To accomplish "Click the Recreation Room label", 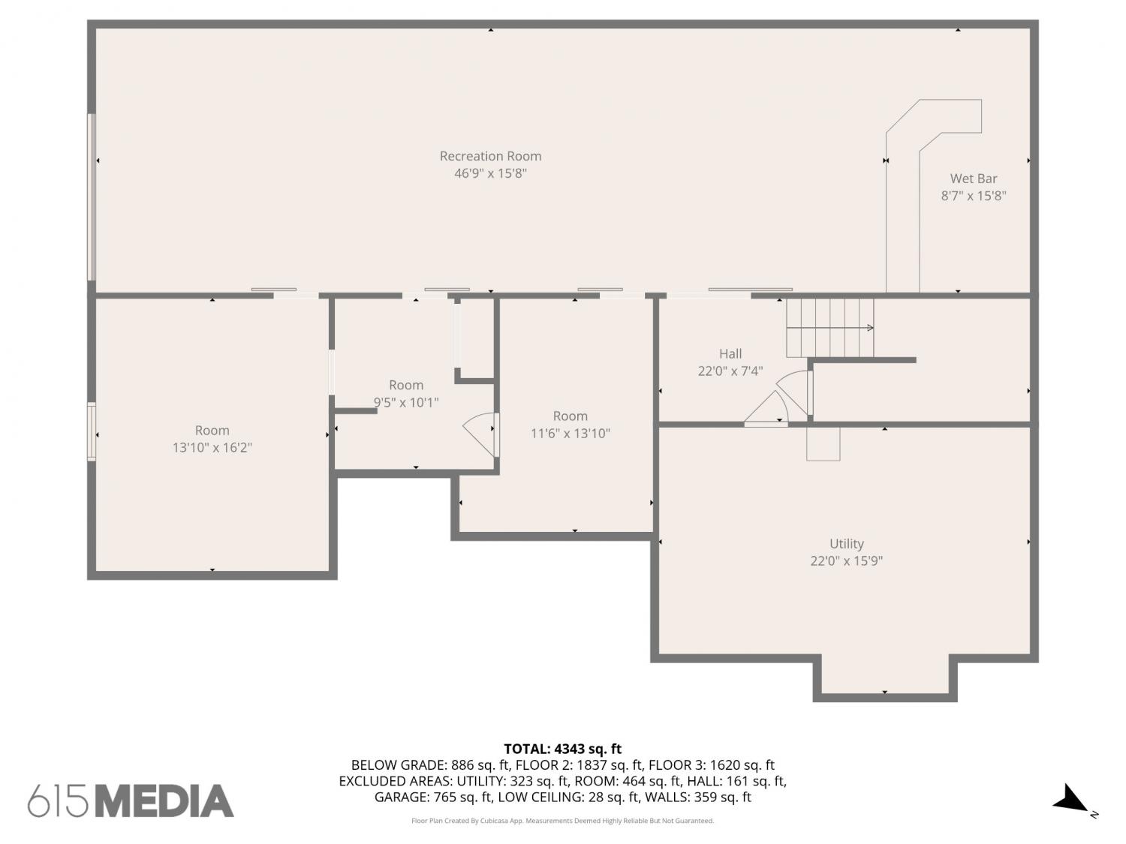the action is [490, 156].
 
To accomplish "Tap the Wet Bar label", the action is [973, 179].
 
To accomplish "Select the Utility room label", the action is [847, 543].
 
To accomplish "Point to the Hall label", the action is [730, 353].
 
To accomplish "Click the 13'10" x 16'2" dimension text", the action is [212, 447].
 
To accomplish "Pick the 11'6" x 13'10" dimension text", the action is [570, 433].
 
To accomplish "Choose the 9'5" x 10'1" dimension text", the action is [406, 402].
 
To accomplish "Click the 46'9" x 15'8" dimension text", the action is [490, 173].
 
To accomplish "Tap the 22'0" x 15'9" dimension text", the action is [847, 560].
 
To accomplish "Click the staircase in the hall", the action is [829, 328].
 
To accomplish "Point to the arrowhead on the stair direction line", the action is [871, 328].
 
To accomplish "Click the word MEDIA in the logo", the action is [165, 801].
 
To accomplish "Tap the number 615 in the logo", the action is [58, 801].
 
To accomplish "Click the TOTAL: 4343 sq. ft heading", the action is [562, 749].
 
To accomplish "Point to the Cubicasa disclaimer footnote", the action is [562, 821].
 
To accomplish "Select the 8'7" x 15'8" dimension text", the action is [973, 195].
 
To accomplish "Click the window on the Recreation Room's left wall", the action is [92, 197].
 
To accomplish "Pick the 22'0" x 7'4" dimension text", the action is [730, 371].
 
